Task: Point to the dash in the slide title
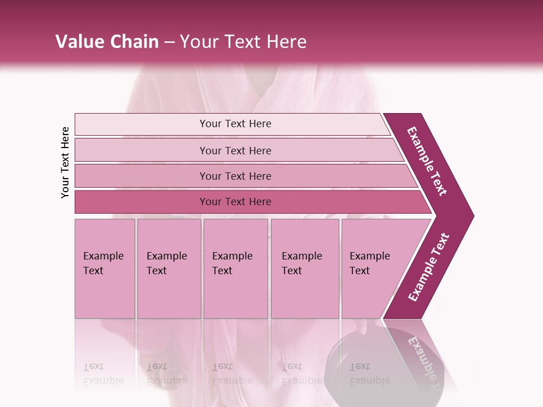[169, 42]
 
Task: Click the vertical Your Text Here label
[65, 162]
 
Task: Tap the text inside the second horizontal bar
[235, 151]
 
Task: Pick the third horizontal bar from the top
[235, 176]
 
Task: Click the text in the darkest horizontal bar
[235, 202]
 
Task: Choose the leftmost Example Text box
[105, 269]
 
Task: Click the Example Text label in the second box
[166, 263]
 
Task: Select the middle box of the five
[235, 269]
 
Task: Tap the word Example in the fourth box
[301, 256]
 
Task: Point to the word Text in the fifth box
[359, 271]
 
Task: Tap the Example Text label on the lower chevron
[429, 267]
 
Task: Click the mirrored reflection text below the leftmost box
[104, 374]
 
